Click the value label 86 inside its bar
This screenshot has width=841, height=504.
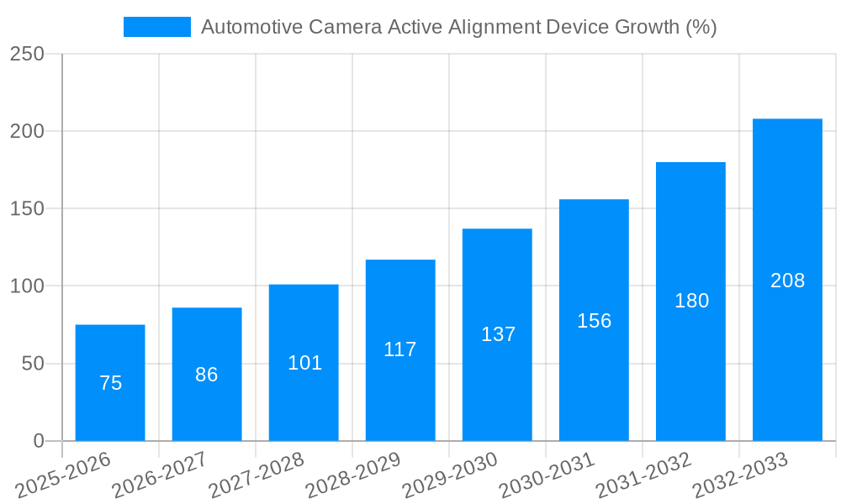(x=207, y=375)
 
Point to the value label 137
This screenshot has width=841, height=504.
(x=498, y=334)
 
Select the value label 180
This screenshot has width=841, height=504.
(x=691, y=301)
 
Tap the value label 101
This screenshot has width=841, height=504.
(x=304, y=363)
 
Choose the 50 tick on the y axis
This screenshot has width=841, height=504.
(x=33, y=364)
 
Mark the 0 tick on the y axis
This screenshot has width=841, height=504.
(x=39, y=441)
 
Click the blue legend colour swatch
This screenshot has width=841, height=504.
(x=157, y=27)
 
